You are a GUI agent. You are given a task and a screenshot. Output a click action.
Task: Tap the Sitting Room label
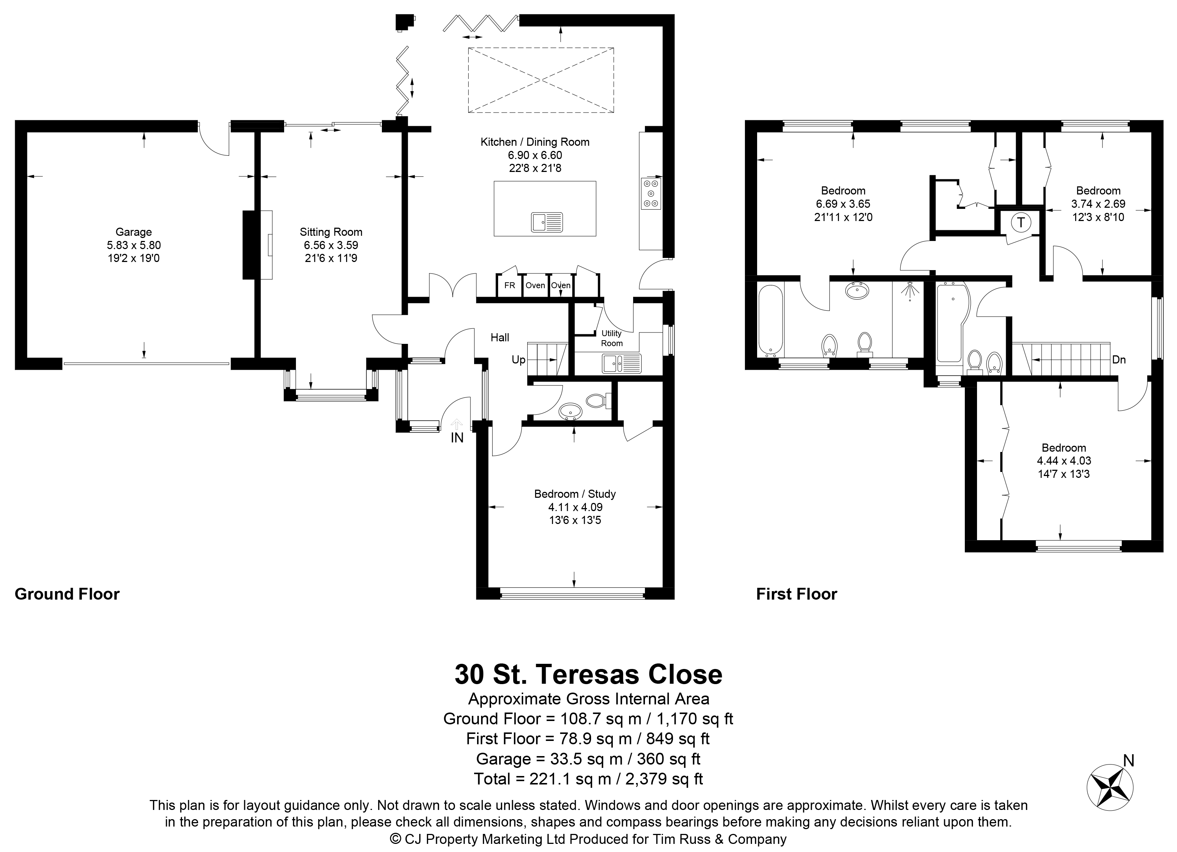click(331, 232)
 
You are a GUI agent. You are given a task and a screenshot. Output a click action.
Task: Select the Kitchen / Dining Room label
click(535, 142)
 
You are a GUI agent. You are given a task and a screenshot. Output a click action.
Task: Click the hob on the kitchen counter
click(651, 194)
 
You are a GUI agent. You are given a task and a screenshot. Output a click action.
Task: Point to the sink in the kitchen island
click(547, 222)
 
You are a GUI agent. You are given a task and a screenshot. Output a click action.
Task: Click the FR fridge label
click(510, 285)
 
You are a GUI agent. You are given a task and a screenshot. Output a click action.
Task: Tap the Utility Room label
click(612, 338)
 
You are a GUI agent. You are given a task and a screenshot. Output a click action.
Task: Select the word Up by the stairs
click(518, 360)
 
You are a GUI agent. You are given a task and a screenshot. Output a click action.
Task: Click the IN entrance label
click(457, 438)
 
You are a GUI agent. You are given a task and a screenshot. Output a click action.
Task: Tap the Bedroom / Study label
click(575, 494)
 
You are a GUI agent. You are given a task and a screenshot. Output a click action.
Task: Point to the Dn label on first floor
click(1119, 360)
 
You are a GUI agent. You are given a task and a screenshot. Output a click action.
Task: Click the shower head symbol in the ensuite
click(910, 291)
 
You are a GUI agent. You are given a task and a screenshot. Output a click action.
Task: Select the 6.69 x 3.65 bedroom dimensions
click(843, 204)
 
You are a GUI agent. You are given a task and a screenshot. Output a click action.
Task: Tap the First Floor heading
click(797, 594)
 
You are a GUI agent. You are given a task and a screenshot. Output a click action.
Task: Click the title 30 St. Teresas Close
click(588, 674)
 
